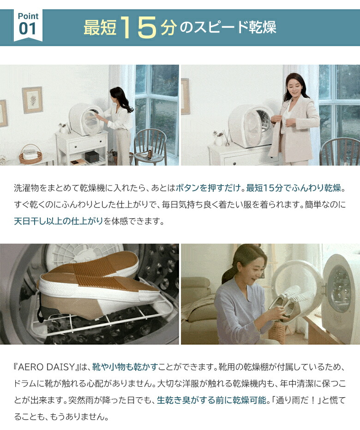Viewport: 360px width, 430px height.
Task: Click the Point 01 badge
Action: pyautogui.click(x=28, y=24)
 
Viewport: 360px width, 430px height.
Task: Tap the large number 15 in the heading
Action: pyautogui.click(x=139, y=27)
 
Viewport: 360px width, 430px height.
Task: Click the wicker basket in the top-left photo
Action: pyautogui.click(x=30, y=155)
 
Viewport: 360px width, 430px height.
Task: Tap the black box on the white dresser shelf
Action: pyautogui.click(x=92, y=156)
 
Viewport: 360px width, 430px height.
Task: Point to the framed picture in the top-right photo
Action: pyautogui.click(x=185, y=96)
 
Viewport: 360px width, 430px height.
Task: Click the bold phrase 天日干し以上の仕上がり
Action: pyautogui.click(x=59, y=221)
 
